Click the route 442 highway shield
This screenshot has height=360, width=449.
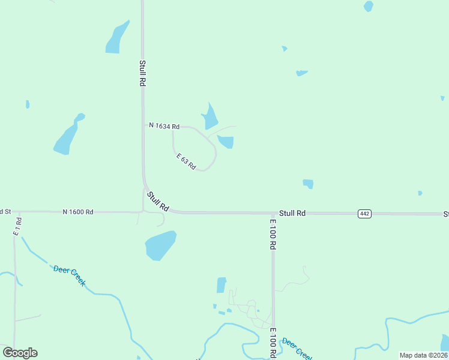pyautogui.click(x=364, y=214)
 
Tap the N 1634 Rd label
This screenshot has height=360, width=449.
pyautogui.click(x=164, y=126)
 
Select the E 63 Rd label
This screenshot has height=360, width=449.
pyautogui.click(x=186, y=161)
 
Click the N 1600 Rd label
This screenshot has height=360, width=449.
pyautogui.click(x=78, y=212)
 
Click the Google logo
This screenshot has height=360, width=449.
pyautogui.click(x=20, y=352)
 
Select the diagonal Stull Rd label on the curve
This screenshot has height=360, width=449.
pyautogui.click(x=158, y=200)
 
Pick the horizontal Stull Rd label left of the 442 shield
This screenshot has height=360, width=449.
pyautogui.click(x=292, y=213)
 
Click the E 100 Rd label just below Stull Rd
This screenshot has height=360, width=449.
pyautogui.click(x=273, y=234)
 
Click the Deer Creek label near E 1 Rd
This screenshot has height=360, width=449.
pyautogui.click(x=70, y=275)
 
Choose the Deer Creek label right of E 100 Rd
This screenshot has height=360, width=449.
pyautogui.click(x=297, y=347)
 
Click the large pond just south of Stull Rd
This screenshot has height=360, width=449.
pyautogui.click(x=160, y=245)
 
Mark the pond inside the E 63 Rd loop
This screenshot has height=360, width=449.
pyautogui.click(x=226, y=142)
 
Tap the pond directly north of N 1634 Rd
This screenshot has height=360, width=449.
pyautogui.click(x=209, y=118)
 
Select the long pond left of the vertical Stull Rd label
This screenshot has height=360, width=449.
pyautogui.click(x=117, y=38)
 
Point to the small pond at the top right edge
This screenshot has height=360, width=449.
pyautogui.click(x=368, y=6)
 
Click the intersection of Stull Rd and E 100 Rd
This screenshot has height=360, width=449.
pyautogui.click(x=273, y=213)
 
